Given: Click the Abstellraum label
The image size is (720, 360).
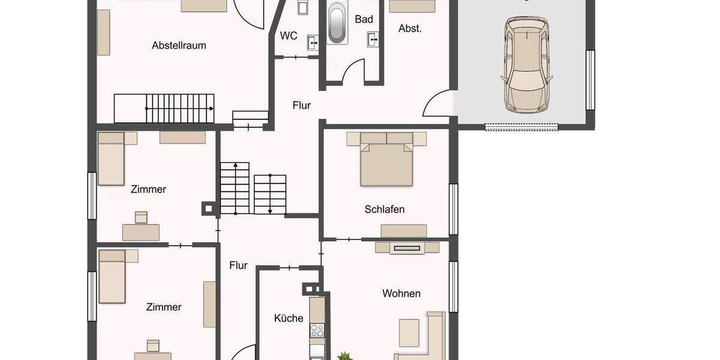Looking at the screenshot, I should [179, 45].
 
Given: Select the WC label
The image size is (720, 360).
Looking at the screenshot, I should [289, 35].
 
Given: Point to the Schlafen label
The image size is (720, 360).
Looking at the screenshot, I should [384, 209].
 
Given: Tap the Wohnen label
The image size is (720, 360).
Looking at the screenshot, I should [401, 293].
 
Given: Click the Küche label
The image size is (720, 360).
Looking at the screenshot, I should [289, 318].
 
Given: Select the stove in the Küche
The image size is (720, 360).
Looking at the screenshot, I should [317, 331].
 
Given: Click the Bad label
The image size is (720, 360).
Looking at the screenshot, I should [364, 19].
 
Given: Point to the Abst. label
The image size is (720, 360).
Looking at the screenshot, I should [410, 28].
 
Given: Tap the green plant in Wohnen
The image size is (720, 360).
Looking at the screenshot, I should [345, 356].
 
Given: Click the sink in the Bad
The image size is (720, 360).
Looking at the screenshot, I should [372, 40].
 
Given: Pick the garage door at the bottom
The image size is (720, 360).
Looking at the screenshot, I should [521, 127].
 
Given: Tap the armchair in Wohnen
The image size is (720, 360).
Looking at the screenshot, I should [409, 331].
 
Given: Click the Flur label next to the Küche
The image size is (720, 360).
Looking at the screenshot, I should [238, 265].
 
